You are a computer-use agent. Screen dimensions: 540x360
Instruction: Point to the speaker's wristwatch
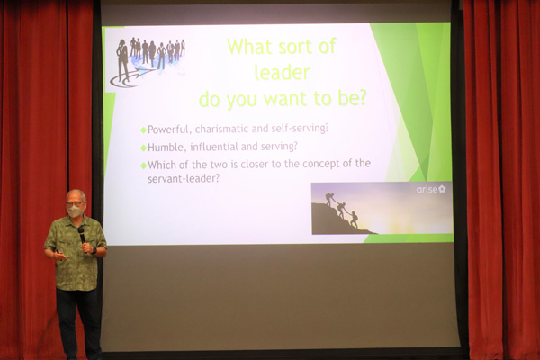pos(94,250)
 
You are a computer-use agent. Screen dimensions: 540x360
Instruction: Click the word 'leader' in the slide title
pos(282,73)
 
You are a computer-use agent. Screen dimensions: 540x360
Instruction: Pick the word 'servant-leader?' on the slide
pos(184,179)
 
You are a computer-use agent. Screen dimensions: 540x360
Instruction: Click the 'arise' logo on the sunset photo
pos(431,189)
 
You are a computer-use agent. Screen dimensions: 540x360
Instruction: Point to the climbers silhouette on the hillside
pos(342,210)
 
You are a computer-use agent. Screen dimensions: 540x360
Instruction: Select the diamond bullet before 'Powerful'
pos(144,130)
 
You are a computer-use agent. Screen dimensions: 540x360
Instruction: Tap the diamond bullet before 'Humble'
pos(144,148)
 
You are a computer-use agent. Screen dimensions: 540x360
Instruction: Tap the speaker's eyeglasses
pos(74,204)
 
